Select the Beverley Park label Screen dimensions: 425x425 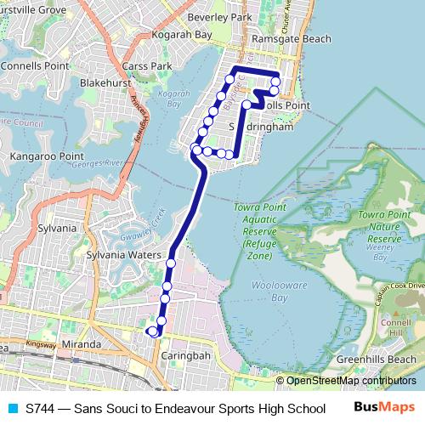tap(220, 17)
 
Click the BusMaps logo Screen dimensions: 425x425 tap(384, 407)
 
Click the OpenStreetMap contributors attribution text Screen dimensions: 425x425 tap(350, 381)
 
